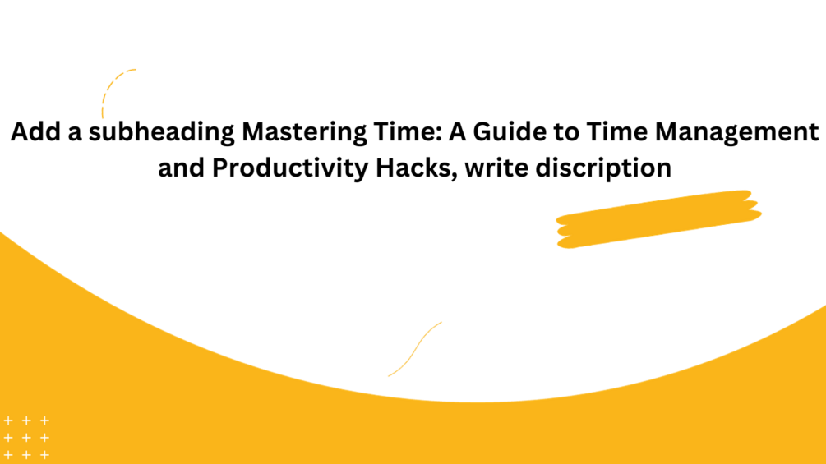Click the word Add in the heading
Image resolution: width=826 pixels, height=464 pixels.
click(x=31, y=133)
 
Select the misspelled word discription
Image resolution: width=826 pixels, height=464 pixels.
click(x=603, y=168)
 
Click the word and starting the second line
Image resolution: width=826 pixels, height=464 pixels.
click(x=180, y=168)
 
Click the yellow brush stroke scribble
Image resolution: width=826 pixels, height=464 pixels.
click(x=658, y=218)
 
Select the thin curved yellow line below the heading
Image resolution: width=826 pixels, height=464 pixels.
click(x=415, y=348)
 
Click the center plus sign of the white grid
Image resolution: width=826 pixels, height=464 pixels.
click(x=26, y=438)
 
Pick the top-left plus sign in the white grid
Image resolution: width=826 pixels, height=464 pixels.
click(x=8, y=420)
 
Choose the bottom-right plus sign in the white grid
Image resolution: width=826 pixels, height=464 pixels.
click(x=44, y=455)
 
